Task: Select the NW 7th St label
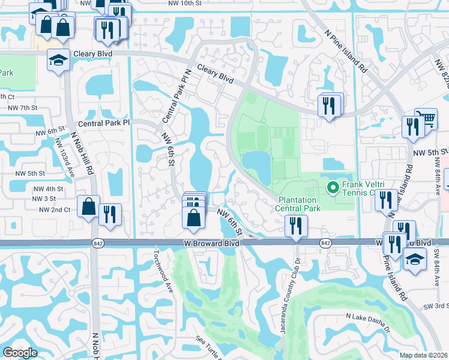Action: pos(19,107)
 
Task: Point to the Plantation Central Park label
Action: pos(299,204)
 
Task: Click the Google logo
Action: pos(19,353)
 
